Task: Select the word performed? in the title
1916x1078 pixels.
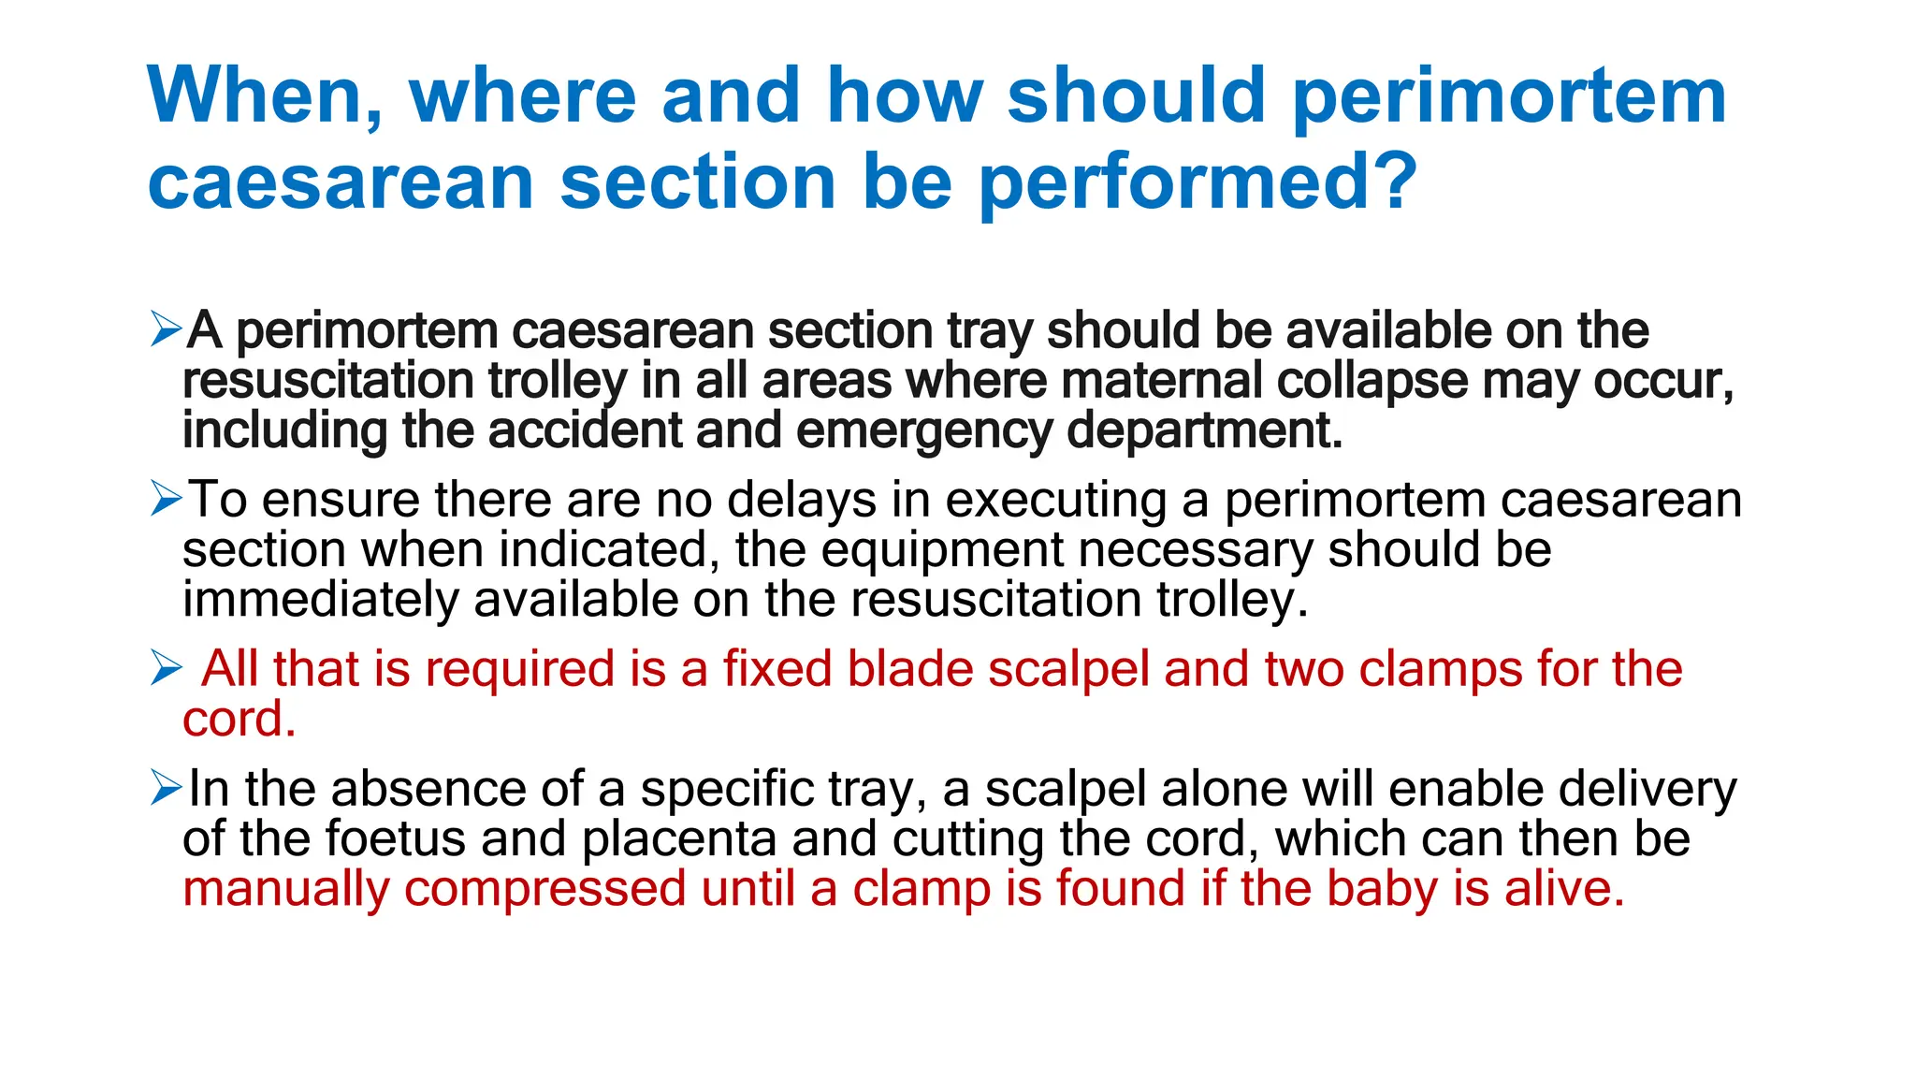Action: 1198,182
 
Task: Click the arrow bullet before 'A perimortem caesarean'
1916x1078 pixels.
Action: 166,329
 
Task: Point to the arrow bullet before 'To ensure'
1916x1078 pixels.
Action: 166,499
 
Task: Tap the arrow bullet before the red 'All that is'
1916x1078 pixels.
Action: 166,668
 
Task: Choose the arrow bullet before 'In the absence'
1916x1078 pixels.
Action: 166,788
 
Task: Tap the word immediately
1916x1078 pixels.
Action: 319,599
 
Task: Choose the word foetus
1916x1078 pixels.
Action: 395,838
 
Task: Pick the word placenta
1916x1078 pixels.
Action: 678,838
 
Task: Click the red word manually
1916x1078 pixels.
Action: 285,887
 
